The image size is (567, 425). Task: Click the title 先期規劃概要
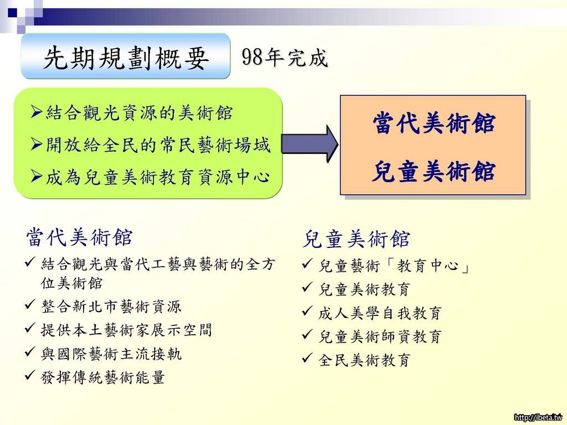click(126, 58)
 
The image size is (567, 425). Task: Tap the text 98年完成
click(285, 57)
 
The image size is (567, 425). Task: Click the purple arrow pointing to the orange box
click(310, 144)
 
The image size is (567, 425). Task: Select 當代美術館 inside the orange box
click(434, 122)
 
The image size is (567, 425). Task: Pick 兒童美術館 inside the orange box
click(434, 171)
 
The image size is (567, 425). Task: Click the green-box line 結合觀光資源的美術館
click(139, 113)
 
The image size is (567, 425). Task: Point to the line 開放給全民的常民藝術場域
click(158, 145)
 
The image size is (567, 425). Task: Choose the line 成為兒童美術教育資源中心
click(158, 177)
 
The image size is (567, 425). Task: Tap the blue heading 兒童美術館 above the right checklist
click(356, 239)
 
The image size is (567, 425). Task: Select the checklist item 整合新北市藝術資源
click(111, 307)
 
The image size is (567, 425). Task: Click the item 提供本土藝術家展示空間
click(126, 330)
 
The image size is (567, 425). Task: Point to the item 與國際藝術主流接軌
click(111, 354)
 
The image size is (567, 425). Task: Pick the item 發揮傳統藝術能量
click(103, 377)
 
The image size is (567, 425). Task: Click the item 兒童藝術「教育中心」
click(394, 266)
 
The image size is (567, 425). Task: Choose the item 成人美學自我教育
click(380, 313)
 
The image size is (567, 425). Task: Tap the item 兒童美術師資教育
click(380, 336)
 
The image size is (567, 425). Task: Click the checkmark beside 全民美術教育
click(307, 358)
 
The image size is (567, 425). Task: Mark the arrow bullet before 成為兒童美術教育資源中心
click(37, 176)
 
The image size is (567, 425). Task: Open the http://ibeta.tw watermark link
click(538, 417)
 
